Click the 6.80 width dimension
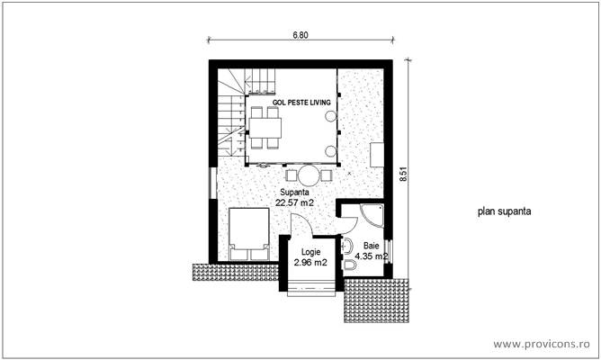[x=300, y=35]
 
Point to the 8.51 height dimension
[x=404, y=174]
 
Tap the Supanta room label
[x=295, y=193]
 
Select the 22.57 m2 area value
[x=295, y=202]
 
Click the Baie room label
[x=371, y=246]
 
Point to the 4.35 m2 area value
[x=371, y=256]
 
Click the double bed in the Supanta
[x=248, y=234]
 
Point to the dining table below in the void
[x=265, y=128]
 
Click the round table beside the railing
[x=309, y=175]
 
